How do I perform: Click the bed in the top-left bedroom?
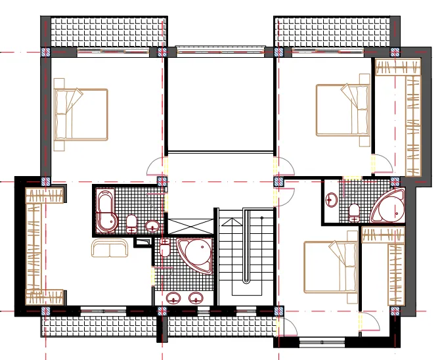81,114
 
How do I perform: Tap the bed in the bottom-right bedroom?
331,267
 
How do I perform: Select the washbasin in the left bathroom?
152,227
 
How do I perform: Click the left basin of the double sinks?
175,298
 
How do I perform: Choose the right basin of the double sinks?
195,298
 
